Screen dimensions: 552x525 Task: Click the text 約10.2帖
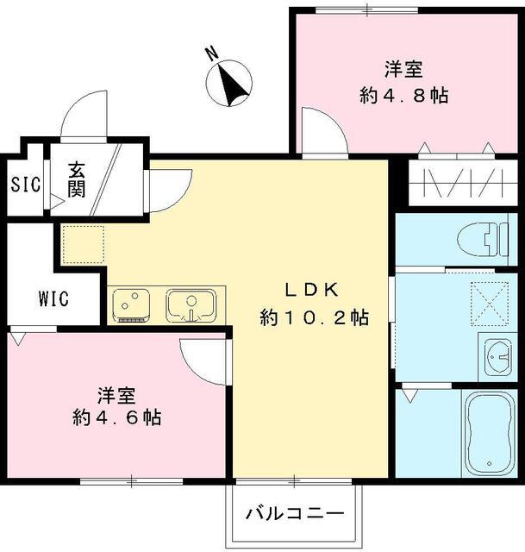pyautogui.click(x=315, y=317)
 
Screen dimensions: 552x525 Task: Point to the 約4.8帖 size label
pyautogui.click(x=403, y=96)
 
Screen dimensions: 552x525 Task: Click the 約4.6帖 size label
pyautogui.click(x=117, y=418)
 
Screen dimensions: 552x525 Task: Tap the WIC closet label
pyautogui.click(x=53, y=298)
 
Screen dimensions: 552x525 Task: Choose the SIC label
pyautogui.click(x=20, y=185)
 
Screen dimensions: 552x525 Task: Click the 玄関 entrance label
pyautogui.click(x=78, y=180)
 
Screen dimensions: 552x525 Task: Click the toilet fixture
pyautogui.click(x=483, y=237)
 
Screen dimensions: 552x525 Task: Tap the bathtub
pyautogui.click(x=489, y=433)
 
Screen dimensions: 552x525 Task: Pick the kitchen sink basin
pyautogui.click(x=191, y=304)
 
